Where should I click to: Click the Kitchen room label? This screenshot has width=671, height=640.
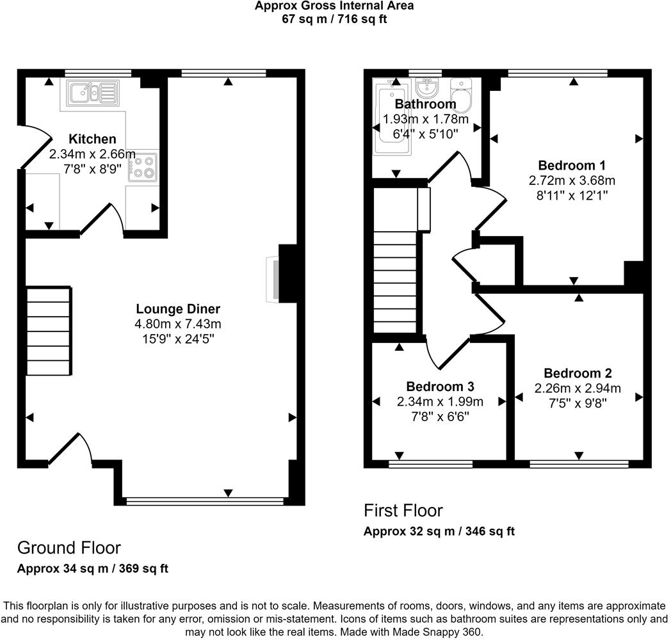coord(92,139)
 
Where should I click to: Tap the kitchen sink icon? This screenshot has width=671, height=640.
coord(92,92)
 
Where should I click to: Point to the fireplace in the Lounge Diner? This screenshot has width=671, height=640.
coord(273,278)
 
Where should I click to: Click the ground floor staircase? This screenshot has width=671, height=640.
coord(49,331)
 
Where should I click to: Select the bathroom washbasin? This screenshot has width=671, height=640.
coord(426,88)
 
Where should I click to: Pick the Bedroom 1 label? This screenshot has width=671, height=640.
coord(572,164)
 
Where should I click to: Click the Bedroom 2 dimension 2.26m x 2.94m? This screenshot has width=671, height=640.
coord(578,388)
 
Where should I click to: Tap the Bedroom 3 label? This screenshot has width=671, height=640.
coord(440,387)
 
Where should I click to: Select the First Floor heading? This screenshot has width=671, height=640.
coord(403,510)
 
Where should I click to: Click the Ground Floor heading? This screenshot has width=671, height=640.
coord(69,547)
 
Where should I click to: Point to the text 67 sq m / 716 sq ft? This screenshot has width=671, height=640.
coord(334,19)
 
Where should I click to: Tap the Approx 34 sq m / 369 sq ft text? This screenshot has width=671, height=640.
coord(92,569)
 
